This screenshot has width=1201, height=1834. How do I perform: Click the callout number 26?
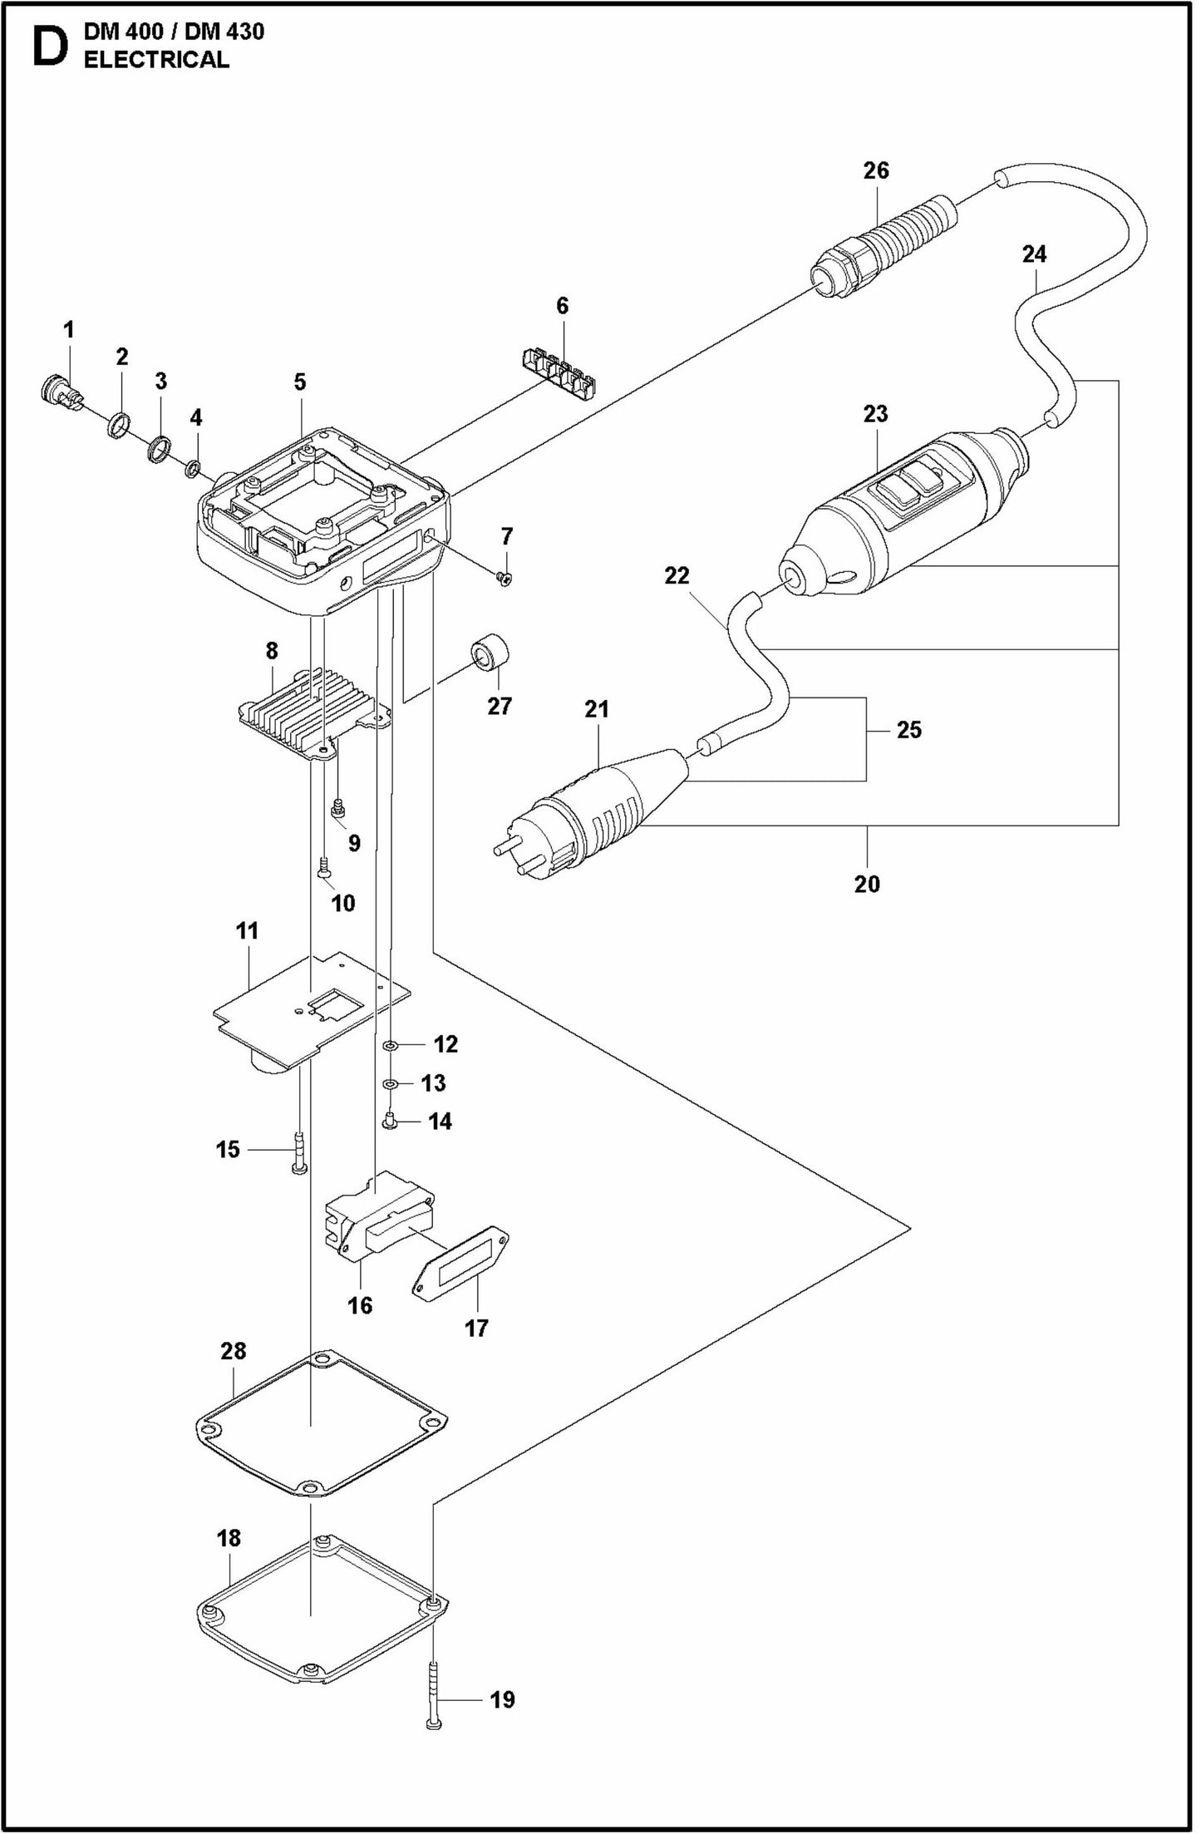pyautogui.click(x=875, y=170)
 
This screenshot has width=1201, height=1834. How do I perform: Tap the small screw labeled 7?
pyautogui.click(x=504, y=579)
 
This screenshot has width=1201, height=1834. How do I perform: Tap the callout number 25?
pyautogui.click(x=908, y=730)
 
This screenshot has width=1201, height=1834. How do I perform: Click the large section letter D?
pyautogui.click(x=48, y=47)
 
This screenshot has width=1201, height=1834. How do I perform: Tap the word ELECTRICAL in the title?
pyautogui.click(x=156, y=60)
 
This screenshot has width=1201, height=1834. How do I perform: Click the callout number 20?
pyautogui.click(x=866, y=884)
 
